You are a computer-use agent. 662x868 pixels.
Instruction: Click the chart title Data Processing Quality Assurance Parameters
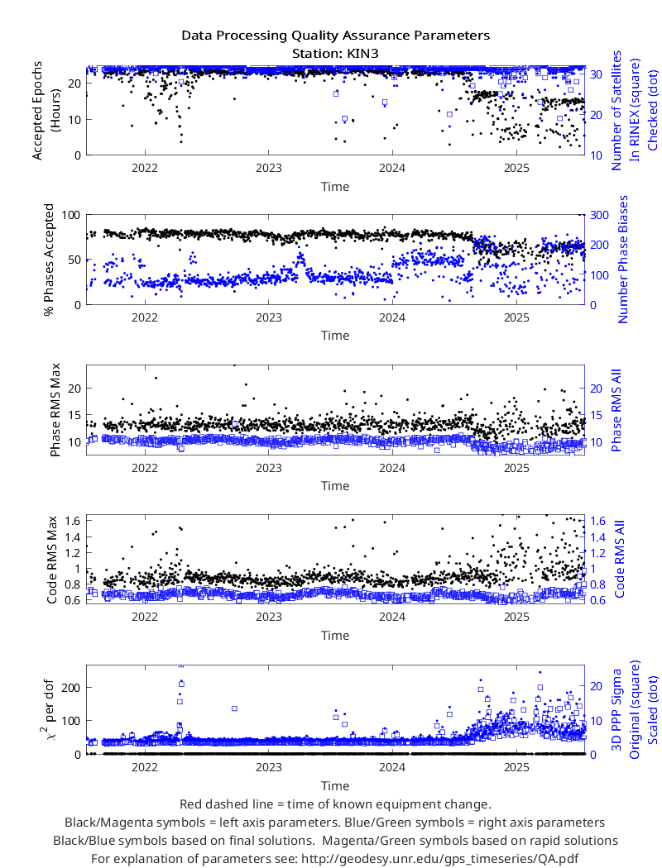(x=336, y=36)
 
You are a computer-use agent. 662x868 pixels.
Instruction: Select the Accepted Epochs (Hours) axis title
(x=46, y=111)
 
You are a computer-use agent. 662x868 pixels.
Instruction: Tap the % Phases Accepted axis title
(x=50, y=260)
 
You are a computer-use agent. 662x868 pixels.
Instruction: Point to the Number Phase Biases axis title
(x=623, y=259)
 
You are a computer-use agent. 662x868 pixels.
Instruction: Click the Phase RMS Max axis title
(x=55, y=410)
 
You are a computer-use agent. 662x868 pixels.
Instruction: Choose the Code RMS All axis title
(x=619, y=559)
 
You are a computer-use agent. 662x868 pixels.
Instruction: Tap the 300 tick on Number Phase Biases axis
(x=599, y=215)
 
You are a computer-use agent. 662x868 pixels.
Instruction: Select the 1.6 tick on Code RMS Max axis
(x=73, y=520)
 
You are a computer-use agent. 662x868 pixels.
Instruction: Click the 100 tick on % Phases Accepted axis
(x=71, y=215)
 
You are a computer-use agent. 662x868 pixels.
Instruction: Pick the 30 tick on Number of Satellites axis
(x=596, y=74)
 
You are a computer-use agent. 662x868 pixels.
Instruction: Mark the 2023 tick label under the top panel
(x=269, y=168)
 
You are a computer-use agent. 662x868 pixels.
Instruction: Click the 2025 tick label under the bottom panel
(x=516, y=767)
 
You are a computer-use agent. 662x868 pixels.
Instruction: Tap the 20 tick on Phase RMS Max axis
(x=74, y=389)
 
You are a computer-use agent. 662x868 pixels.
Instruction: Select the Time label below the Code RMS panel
(x=335, y=636)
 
